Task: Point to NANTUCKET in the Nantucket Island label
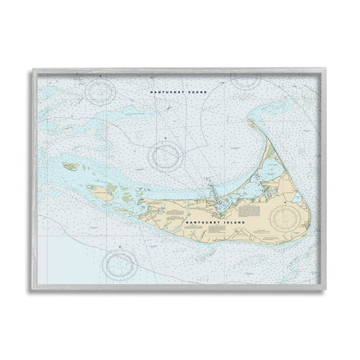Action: (204, 221)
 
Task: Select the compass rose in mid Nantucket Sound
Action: (166, 154)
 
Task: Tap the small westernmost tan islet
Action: (71, 167)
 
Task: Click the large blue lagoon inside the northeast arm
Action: (272, 167)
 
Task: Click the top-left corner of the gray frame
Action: (32, 69)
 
